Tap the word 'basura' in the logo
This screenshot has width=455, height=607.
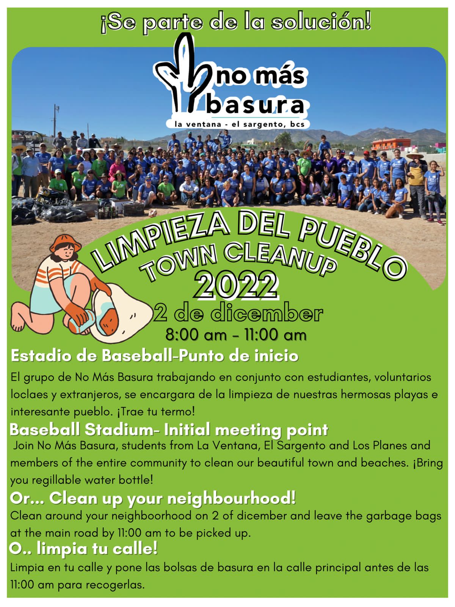[256, 105]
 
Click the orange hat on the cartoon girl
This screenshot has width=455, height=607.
[65, 243]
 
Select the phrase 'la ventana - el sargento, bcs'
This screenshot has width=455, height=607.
[239, 124]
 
